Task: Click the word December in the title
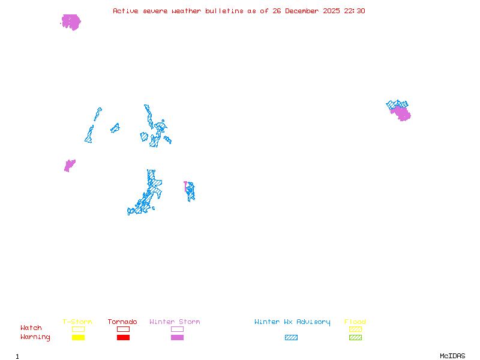click(x=305, y=11)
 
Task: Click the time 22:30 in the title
click(x=355, y=11)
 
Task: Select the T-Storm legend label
click(x=77, y=322)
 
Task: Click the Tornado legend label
click(x=122, y=322)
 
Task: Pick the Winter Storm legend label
click(x=175, y=322)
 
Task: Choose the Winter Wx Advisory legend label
click(x=292, y=322)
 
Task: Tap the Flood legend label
click(x=355, y=322)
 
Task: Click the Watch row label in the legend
click(x=31, y=328)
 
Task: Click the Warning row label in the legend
click(x=35, y=337)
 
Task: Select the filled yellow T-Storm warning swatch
click(x=78, y=338)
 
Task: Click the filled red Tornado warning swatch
click(x=123, y=338)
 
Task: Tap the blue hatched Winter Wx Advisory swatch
click(x=291, y=338)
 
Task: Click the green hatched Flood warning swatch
click(x=355, y=338)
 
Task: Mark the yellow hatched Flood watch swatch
click(x=355, y=329)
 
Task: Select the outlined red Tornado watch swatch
click(x=123, y=329)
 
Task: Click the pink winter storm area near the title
click(x=71, y=22)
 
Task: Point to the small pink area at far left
click(x=69, y=165)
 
